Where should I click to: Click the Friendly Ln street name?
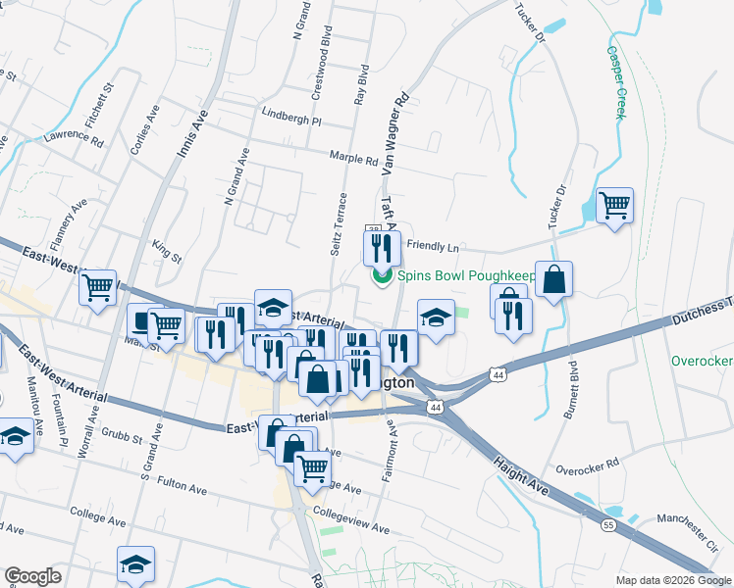pyautogui.click(x=433, y=246)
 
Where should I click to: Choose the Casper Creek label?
pyautogui.click(x=615, y=82)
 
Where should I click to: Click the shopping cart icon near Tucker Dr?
pyautogui.click(x=614, y=206)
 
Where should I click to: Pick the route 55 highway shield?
pyautogui.click(x=608, y=525)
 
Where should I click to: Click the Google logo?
pyautogui.click(x=32, y=576)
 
